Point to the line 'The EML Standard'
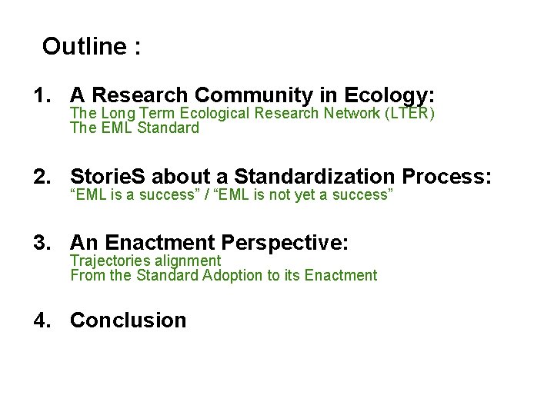[x=134, y=128]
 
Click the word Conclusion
[x=128, y=320]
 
